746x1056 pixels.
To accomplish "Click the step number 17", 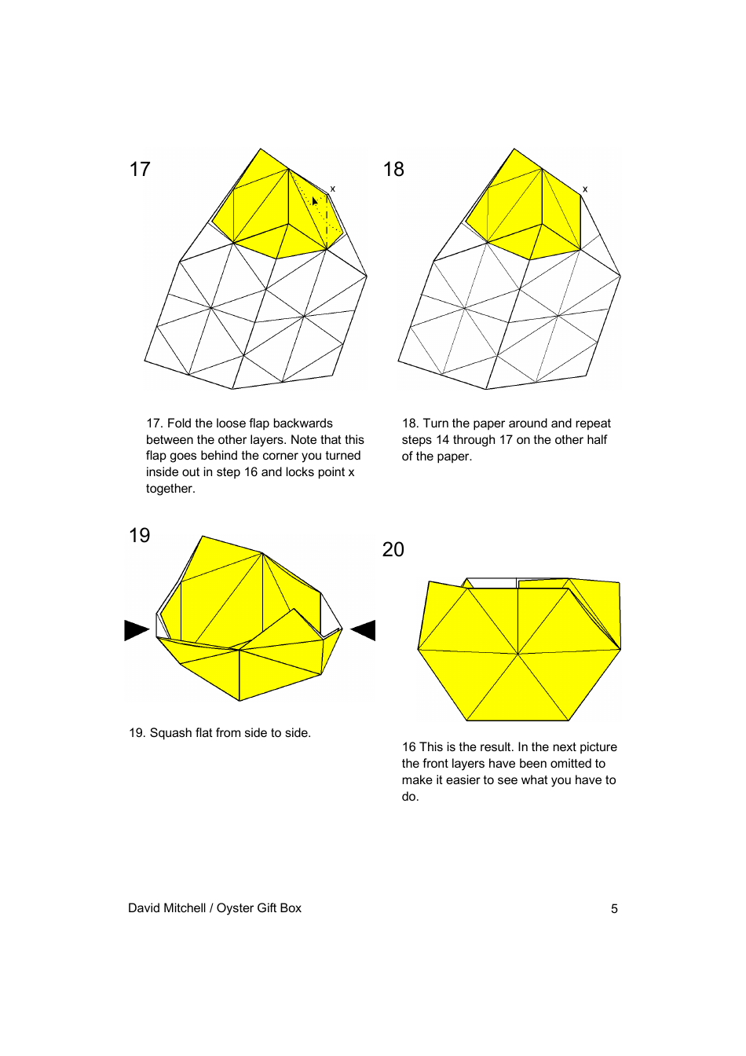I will [x=140, y=170].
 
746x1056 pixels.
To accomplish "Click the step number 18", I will [x=393, y=170].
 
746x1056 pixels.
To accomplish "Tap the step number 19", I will [x=139, y=536].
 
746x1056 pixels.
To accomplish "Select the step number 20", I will [x=393, y=550].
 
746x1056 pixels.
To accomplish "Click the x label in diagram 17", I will [x=332, y=189].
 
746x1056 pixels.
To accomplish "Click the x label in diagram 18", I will [x=585, y=189].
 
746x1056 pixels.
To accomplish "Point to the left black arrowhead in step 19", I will [x=136, y=630].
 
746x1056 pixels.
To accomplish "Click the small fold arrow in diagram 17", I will [x=314, y=201].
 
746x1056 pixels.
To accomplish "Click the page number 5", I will [x=614, y=909].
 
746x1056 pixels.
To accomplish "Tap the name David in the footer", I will [x=144, y=908].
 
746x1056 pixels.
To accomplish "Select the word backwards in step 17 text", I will [x=302, y=423].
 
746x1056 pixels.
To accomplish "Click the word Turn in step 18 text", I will [x=436, y=423].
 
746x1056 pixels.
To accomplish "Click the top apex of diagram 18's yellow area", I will [x=514, y=149].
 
